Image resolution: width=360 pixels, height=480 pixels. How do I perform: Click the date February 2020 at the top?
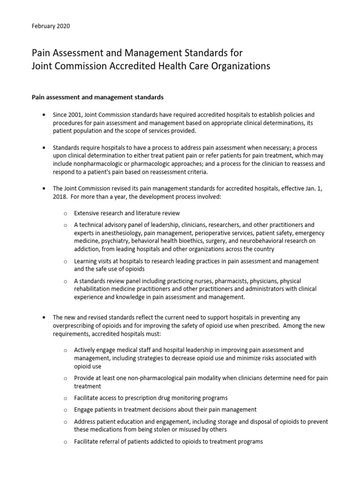(x=51, y=26)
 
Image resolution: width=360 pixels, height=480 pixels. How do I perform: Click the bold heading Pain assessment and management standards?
(x=97, y=97)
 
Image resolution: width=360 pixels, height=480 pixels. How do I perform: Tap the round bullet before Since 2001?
(x=44, y=115)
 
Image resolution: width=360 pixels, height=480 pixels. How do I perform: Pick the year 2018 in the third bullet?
(x=61, y=197)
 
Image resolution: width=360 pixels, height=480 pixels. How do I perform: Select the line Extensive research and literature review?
(x=127, y=213)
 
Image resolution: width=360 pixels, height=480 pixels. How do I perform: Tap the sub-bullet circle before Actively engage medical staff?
(x=66, y=350)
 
